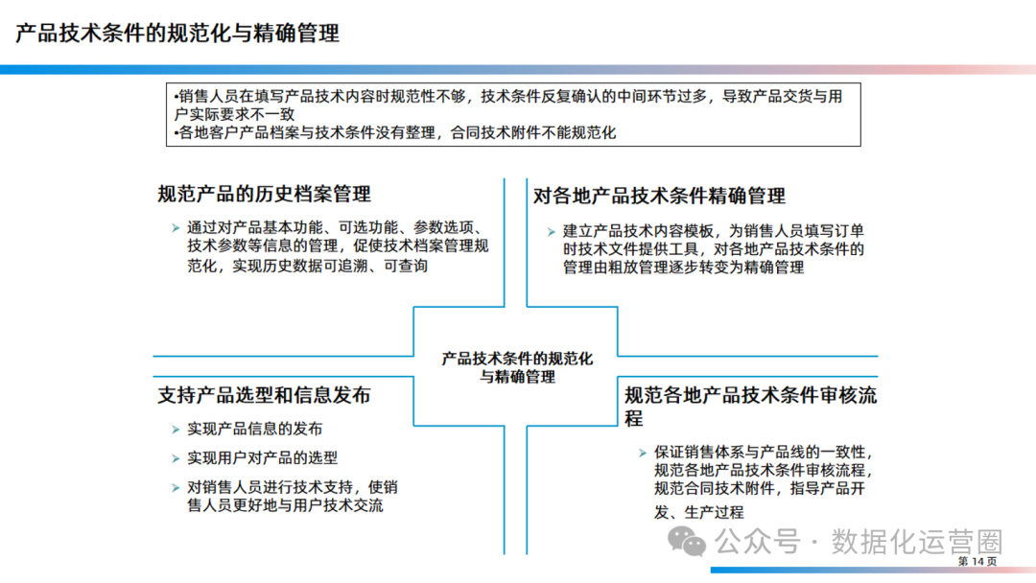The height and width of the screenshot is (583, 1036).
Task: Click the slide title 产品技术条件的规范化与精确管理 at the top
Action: point(177,35)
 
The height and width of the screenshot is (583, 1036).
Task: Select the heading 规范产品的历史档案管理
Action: point(264,195)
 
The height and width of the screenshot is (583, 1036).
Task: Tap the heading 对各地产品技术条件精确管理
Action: point(659,197)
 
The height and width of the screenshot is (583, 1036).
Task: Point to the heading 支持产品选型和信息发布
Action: point(264,395)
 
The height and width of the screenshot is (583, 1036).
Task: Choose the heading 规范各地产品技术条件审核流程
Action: point(750,395)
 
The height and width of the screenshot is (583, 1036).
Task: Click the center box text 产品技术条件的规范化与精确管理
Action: point(517,367)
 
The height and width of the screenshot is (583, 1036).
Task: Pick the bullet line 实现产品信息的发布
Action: point(255,429)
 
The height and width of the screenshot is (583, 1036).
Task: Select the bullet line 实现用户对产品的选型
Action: point(263,458)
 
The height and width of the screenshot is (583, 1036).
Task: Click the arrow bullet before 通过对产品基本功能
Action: point(175,228)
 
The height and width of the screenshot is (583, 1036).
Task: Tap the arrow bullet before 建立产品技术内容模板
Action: point(551,231)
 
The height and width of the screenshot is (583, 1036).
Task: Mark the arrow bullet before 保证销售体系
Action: point(642,452)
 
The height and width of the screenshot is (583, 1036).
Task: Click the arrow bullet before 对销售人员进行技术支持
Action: point(175,487)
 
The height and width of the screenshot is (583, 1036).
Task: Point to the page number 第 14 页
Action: point(977,561)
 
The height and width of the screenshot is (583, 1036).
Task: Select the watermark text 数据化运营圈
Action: point(916,542)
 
